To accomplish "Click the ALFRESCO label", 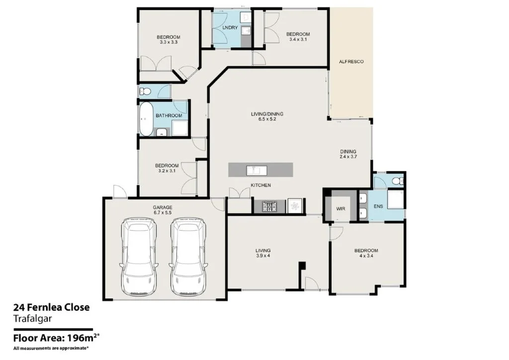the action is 351,61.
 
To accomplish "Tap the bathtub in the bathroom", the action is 147,119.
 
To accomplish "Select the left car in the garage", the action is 139,257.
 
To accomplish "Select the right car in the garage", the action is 187,257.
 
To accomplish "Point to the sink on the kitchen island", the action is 257,170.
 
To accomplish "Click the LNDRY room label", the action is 230,27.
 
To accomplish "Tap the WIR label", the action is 341,209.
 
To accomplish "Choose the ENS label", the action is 378,206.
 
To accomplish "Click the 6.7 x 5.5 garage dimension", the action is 163,213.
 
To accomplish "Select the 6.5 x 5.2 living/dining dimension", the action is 267,119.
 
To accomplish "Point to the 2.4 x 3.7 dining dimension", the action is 348,157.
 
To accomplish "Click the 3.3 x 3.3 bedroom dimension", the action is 169,42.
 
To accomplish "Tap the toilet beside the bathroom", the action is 145,91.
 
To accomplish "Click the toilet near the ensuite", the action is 397,180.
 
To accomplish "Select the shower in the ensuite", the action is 395,199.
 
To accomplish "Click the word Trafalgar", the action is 32,319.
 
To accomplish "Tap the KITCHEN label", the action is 260,185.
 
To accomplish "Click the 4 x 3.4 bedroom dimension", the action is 366,256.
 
